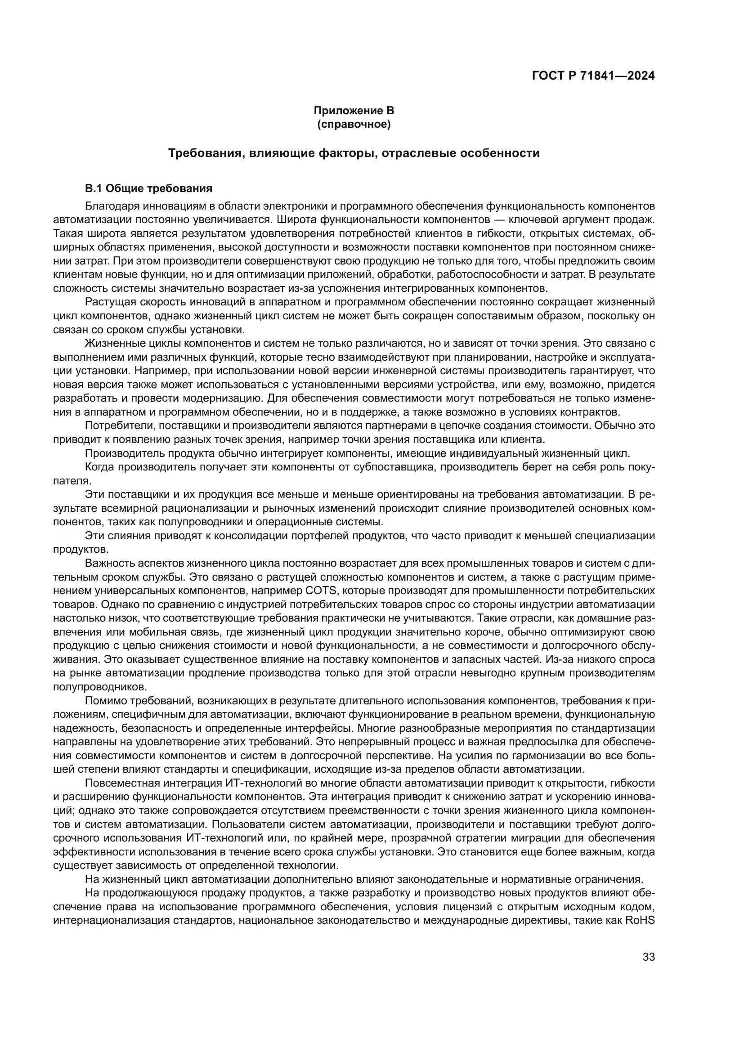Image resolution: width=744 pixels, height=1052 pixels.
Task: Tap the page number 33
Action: [x=648, y=957]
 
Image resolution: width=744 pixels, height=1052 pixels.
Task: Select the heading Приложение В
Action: [x=354, y=111]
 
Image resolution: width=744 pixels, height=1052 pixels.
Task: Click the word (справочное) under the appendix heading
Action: [x=354, y=124]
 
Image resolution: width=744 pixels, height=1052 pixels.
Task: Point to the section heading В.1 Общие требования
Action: [x=149, y=188]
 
